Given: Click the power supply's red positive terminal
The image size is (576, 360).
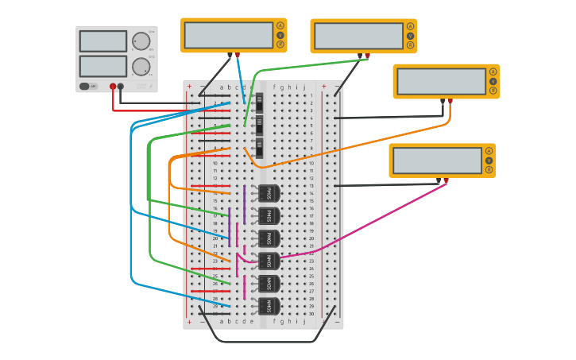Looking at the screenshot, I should [x=113, y=86].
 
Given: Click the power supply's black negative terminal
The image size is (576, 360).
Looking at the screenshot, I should [x=121, y=86].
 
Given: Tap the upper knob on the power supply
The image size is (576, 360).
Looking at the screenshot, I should [x=141, y=41].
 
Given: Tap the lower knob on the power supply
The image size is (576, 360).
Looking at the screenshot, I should [x=141, y=66].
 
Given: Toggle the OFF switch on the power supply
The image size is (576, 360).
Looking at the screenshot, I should [x=88, y=86].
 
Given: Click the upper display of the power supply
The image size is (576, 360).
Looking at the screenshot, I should [x=102, y=41].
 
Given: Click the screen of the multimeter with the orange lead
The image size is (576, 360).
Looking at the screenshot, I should [x=441, y=81].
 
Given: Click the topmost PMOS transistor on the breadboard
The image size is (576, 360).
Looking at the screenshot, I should [x=269, y=193].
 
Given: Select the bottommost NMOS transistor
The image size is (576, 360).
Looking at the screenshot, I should [x=269, y=306].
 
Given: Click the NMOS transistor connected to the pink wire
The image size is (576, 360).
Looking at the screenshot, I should [x=269, y=261].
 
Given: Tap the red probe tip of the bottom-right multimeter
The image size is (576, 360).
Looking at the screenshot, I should [x=446, y=181].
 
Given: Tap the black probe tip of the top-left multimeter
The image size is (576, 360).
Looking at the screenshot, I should [x=230, y=55].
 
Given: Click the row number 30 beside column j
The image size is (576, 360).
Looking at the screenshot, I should [x=311, y=313].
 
